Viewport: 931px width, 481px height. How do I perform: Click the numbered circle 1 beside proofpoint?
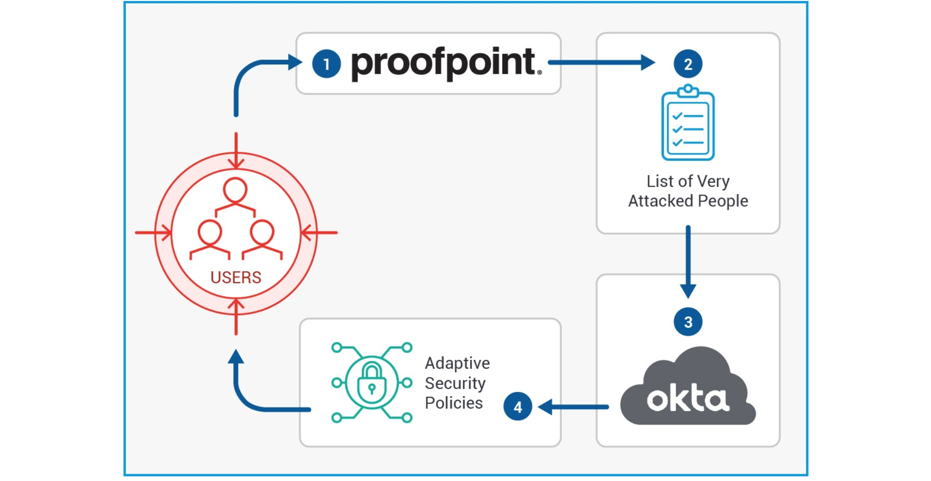pyautogui.click(x=326, y=64)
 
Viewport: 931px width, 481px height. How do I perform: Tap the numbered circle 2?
pyautogui.click(x=688, y=64)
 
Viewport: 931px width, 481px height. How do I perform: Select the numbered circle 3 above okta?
pyautogui.click(x=688, y=322)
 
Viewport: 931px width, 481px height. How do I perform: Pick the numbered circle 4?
pyautogui.click(x=517, y=407)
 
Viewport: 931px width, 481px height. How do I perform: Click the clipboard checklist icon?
pyautogui.click(x=688, y=123)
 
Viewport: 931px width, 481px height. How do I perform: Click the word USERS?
pyautogui.click(x=236, y=278)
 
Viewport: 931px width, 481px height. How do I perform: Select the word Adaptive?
pyautogui.click(x=457, y=363)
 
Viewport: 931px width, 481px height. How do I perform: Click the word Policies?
pyautogui.click(x=453, y=403)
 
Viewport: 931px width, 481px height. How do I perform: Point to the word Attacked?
pyautogui.click(x=661, y=201)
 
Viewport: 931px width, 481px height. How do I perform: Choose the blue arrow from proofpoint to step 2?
pyautogui.click(x=601, y=62)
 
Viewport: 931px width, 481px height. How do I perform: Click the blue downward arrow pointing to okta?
pyautogui.click(x=688, y=262)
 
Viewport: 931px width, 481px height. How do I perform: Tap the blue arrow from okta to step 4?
pyautogui.click(x=573, y=407)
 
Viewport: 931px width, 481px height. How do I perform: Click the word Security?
pyautogui.click(x=455, y=383)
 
